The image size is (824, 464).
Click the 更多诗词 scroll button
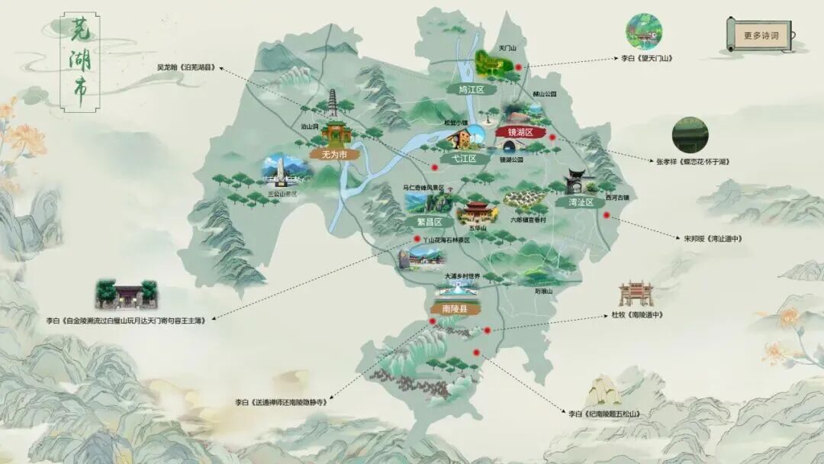pos(761,35)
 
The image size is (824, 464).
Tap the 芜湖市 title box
pos(79,63)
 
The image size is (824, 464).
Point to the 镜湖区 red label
pos(521,132)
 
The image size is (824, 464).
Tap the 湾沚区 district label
pos(585,202)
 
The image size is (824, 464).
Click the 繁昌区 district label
pos(429,221)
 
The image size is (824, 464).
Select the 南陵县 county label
pos(451,309)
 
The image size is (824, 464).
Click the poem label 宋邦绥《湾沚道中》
pos(713,238)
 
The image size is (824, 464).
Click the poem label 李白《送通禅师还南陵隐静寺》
pos(281,401)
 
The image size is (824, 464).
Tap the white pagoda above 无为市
pos(333,105)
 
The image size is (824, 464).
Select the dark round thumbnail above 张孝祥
pos(690,135)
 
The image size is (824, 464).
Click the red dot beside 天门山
pos(519,67)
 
